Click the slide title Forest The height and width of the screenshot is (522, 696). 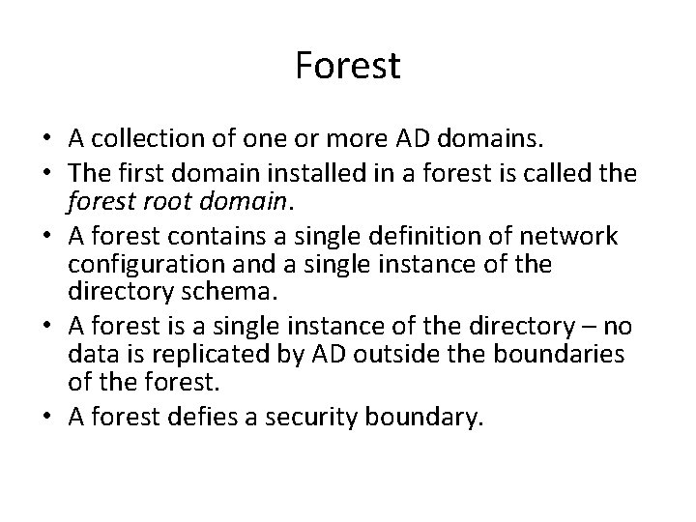click(x=347, y=67)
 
